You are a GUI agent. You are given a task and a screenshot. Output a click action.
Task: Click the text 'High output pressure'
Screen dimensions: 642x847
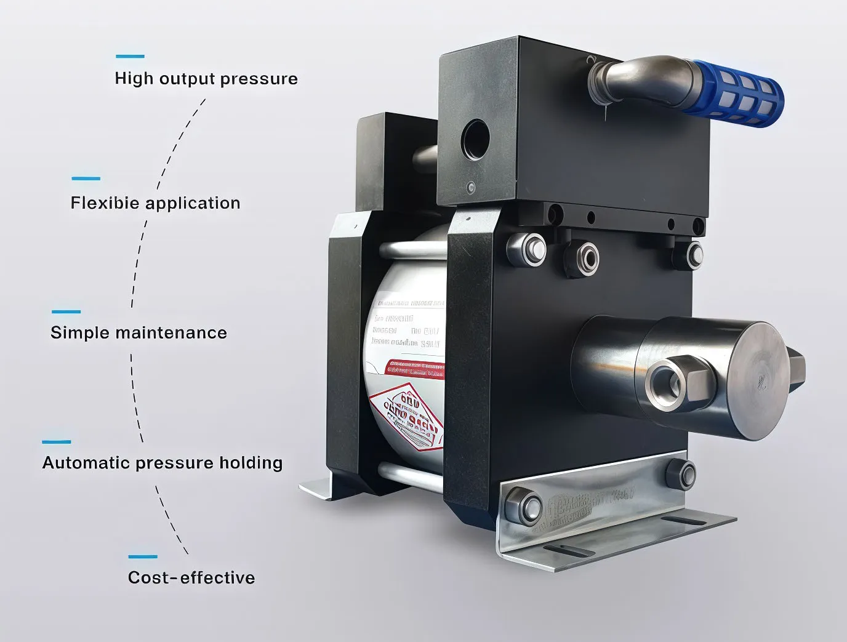206,79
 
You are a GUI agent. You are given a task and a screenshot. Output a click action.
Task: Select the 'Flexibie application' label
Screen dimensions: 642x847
155,203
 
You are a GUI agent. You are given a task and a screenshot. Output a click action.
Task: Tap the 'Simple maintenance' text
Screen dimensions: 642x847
138,333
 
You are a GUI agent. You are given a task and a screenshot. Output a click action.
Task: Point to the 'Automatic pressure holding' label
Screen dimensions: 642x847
163,463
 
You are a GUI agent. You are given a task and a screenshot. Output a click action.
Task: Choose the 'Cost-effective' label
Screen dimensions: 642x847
191,578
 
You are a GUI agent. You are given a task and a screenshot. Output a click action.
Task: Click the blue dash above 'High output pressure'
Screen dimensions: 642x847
130,56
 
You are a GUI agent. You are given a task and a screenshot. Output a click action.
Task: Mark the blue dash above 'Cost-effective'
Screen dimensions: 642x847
143,556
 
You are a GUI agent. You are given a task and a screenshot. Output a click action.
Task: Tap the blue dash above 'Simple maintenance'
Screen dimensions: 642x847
66,311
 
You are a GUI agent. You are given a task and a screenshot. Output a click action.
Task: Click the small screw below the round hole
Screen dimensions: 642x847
472,187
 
